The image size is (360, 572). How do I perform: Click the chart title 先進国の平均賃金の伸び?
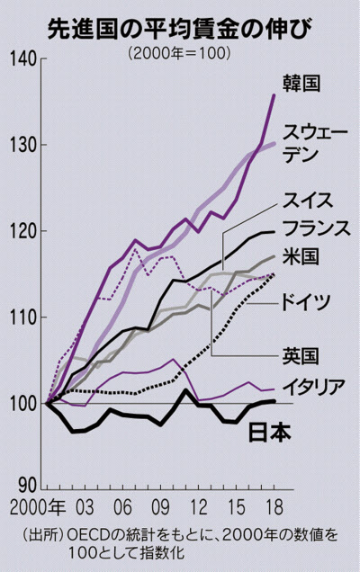[180, 30]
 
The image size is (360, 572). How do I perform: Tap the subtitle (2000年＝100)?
[179, 53]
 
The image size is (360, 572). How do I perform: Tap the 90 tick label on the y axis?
[27, 485]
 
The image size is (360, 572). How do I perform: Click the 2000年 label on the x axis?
[38, 507]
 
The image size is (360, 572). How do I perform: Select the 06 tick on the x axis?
[122, 507]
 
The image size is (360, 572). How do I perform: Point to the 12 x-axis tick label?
[199, 507]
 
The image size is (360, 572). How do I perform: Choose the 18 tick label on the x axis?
[274, 507]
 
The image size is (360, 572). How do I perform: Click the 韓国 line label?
[301, 83]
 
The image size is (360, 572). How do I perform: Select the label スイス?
[308, 201]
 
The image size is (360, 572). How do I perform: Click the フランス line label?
[317, 228]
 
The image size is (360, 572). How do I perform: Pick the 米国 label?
[301, 257]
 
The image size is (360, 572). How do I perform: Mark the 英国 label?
[301, 356]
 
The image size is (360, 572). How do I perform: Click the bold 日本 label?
[270, 433]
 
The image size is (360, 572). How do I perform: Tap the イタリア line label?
[314, 387]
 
